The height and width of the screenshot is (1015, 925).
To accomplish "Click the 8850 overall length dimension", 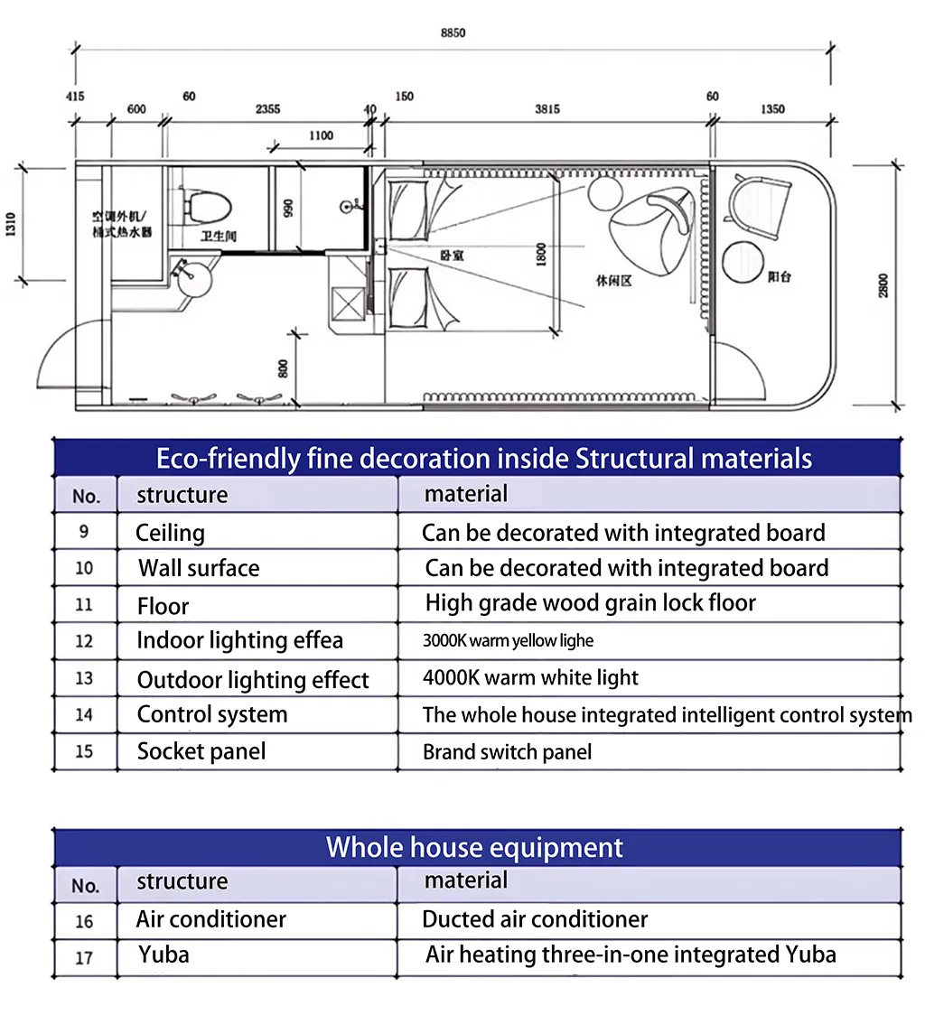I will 453,33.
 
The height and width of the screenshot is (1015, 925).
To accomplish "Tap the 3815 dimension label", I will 547,109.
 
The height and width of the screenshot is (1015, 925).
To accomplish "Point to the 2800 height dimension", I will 883,284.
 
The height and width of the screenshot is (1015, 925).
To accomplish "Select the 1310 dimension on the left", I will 10,225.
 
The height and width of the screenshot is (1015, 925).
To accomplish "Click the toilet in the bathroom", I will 207,202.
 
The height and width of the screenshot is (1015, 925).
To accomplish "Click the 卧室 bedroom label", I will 450,256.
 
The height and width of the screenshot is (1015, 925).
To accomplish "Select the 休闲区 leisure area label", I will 614,281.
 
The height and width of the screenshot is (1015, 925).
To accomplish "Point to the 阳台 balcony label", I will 779,276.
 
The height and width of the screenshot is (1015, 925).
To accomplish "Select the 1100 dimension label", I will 321,135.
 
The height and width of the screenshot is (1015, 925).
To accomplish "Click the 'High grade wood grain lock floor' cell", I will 590,603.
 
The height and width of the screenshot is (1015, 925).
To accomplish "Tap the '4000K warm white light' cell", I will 530,677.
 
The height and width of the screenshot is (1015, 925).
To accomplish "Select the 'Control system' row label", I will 211,714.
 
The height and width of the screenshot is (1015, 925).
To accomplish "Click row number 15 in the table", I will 84,751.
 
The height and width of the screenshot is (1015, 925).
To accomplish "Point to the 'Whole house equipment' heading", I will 474,847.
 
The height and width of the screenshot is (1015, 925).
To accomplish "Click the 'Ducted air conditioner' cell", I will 535,919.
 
